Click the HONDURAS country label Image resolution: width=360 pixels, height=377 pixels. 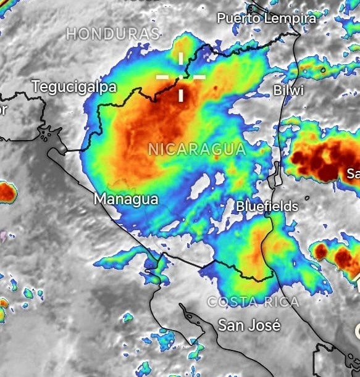(113, 33)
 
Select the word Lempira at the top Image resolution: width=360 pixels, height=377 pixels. (290, 19)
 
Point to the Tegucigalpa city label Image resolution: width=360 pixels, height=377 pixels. (74, 87)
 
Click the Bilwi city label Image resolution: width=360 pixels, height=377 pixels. (288, 91)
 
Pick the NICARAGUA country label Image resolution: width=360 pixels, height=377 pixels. (197, 149)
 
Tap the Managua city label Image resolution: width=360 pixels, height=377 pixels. (125, 199)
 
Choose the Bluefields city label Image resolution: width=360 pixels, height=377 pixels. (267, 206)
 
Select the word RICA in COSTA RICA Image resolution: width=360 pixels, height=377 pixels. (282, 302)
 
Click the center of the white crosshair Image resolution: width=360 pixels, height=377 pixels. (181, 77)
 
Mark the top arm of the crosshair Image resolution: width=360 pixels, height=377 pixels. (181, 59)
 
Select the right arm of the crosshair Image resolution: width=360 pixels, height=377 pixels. (198, 77)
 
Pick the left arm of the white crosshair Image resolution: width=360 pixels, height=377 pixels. (164, 77)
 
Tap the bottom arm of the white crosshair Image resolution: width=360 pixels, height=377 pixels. (181, 94)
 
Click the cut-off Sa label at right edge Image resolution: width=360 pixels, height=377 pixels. (353, 172)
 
